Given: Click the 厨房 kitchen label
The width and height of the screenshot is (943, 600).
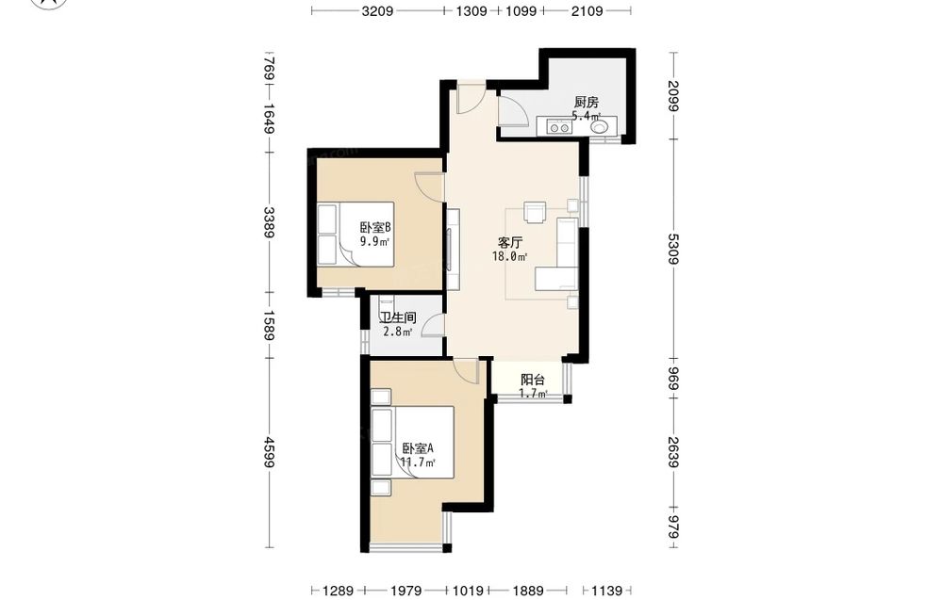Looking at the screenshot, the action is [586, 102].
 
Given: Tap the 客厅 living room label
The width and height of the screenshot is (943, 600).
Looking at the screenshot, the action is [510, 243].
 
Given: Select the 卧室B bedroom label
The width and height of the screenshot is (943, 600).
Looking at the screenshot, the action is [376, 228].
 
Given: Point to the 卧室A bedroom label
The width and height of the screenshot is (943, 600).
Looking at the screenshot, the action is [418, 448].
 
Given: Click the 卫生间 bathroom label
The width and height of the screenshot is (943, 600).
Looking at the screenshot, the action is [398, 317].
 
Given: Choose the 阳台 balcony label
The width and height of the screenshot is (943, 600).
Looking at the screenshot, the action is [532, 380].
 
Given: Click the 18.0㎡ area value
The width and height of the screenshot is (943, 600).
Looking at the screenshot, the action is [510, 257].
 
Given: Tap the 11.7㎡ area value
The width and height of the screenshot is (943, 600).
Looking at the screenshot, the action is [418, 462].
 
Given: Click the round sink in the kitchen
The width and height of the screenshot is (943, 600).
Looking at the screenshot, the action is [600, 127].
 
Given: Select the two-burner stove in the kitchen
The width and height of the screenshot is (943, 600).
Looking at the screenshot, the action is [559, 127].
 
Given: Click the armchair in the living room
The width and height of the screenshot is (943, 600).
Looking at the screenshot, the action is [534, 211].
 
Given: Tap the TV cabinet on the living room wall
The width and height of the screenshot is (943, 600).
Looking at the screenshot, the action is [453, 249].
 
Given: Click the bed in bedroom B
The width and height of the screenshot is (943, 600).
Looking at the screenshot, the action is [356, 235].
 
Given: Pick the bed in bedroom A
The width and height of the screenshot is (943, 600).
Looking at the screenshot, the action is [413, 442].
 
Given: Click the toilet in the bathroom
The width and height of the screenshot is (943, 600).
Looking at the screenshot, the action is [386, 304].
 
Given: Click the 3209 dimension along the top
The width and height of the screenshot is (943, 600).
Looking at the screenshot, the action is [378, 10].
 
